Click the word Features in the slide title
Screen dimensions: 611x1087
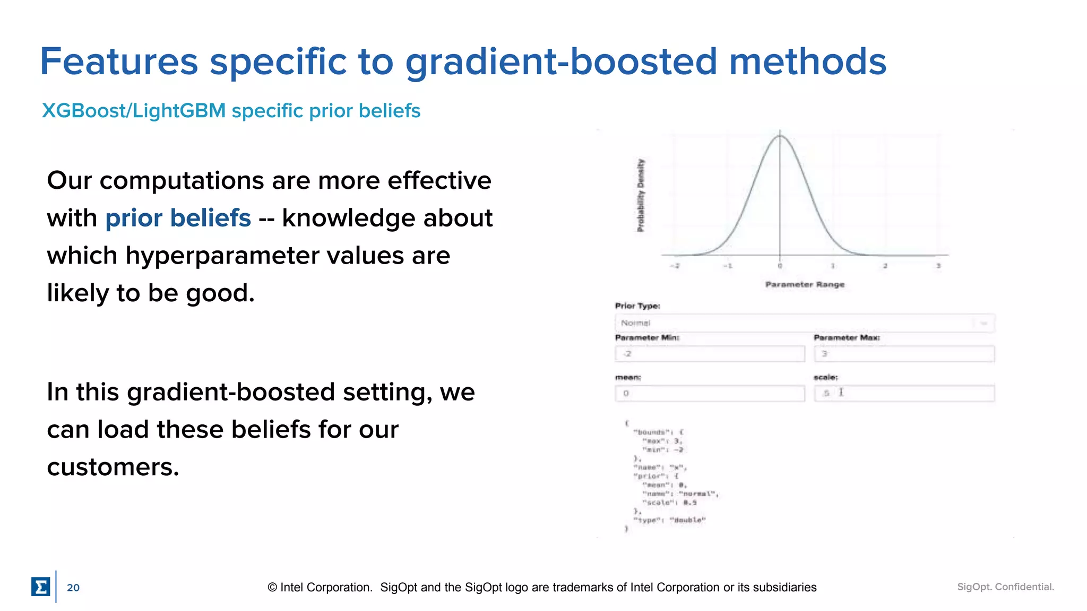[x=119, y=62]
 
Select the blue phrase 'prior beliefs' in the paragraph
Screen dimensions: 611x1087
[x=178, y=218]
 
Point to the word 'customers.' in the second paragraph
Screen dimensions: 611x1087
[x=113, y=467]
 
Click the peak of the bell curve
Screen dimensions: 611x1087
[x=780, y=136]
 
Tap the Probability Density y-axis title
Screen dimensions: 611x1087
[x=641, y=195]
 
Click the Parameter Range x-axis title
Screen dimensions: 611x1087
[x=805, y=284]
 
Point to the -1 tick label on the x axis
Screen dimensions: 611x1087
[x=728, y=266]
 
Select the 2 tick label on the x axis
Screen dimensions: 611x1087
[x=885, y=266]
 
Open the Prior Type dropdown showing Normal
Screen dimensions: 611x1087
[x=804, y=323]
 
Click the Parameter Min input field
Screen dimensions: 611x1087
[x=710, y=354]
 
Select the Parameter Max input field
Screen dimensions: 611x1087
[x=904, y=354]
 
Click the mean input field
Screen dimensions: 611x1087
[x=710, y=394]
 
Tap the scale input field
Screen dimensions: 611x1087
[x=904, y=394]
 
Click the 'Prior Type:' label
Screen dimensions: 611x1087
[x=637, y=306]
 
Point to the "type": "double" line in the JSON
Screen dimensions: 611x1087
[x=669, y=520]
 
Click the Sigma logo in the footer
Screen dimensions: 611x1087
[x=40, y=587]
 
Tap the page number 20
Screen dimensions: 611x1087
[x=73, y=588]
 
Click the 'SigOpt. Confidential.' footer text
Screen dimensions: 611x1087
[x=1005, y=587]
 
